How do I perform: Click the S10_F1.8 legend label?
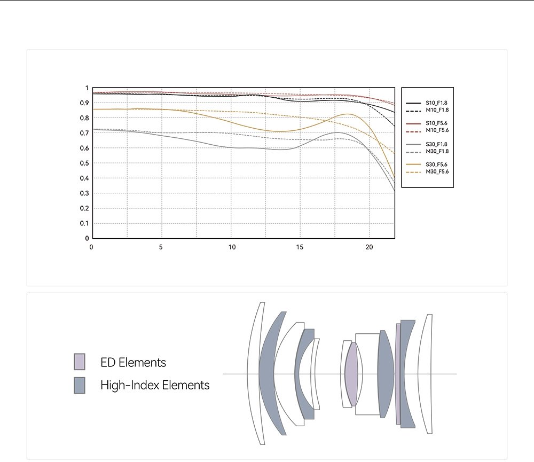point(436,103)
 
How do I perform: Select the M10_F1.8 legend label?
point(437,110)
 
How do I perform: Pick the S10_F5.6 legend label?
point(436,123)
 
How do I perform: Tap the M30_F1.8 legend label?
point(437,151)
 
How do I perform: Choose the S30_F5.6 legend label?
point(436,165)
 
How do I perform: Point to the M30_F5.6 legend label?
point(437,172)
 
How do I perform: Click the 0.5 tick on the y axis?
point(84,163)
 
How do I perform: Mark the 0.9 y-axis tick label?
point(84,103)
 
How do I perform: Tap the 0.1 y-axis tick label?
point(84,223)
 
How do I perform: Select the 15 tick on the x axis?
point(300,247)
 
